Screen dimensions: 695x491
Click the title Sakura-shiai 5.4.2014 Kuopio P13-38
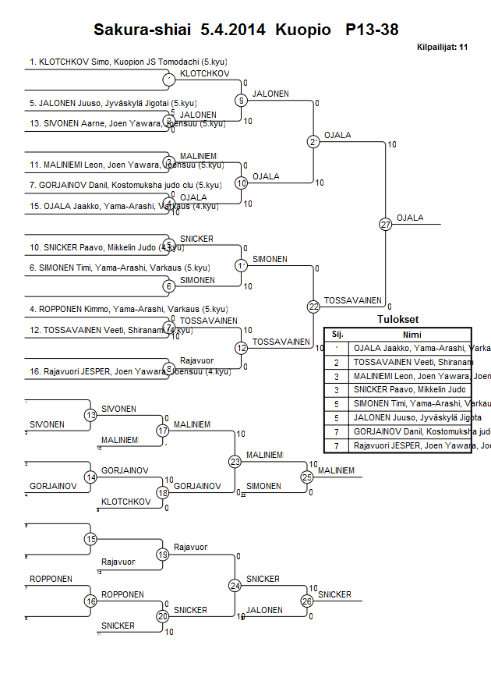pyautogui.click(x=245, y=30)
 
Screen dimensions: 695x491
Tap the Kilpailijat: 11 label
pyautogui.click(x=442, y=48)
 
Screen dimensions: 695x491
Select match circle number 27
pyautogui.click(x=385, y=225)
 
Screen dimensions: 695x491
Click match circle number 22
pyautogui.click(x=313, y=307)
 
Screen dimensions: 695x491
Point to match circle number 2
pyautogui.click(x=313, y=142)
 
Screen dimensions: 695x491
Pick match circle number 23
pyautogui.click(x=235, y=461)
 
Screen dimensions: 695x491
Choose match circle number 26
pyautogui.click(x=307, y=601)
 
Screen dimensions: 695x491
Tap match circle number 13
pyautogui.click(x=91, y=416)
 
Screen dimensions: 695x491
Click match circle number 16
pyautogui.click(x=91, y=601)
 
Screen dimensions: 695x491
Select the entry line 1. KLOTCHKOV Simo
pyautogui.click(x=129, y=61)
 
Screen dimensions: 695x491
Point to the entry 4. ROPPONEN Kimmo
pyautogui.click(x=129, y=309)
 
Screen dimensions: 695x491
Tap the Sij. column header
pyautogui.click(x=337, y=334)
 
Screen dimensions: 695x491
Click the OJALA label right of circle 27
pyautogui.click(x=410, y=218)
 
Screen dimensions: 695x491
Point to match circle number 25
pyautogui.click(x=307, y=476)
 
